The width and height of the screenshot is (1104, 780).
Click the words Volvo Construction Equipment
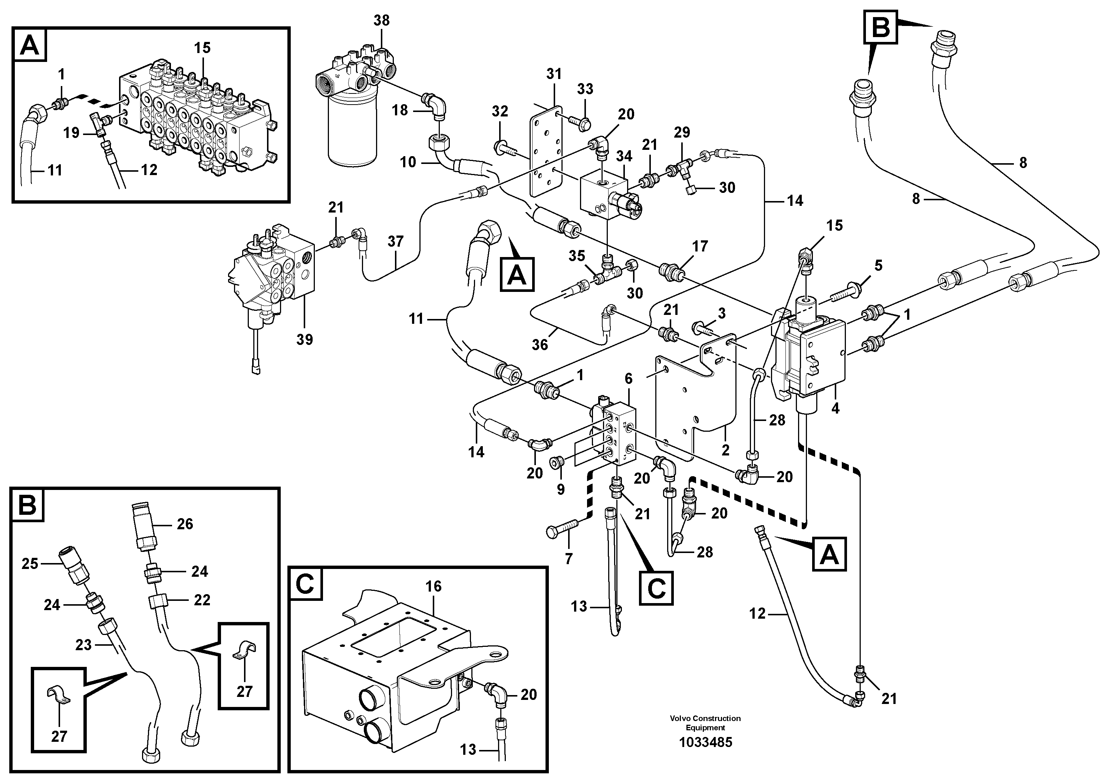[705, 723]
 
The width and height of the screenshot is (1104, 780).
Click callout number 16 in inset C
[433, 586]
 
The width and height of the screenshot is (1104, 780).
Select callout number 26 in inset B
[185, 524]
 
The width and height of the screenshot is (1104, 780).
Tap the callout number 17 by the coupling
[700, 246]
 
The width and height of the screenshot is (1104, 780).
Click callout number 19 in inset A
[72, 133]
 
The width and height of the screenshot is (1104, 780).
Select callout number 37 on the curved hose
[395, 241]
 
